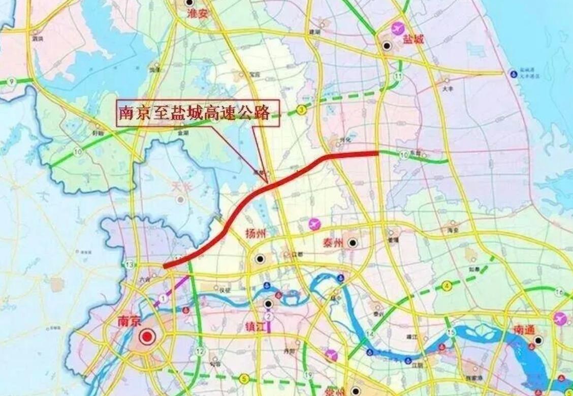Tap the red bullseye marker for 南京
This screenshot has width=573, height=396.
pyautogui.click(x=147, y=336)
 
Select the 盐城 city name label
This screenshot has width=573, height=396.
pyautogui.click(x=412, y=39)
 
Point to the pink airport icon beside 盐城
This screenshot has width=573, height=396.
pyautogui.click(x=398, y=28)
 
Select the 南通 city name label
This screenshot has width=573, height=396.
pyautogui.click(x=524, y=330)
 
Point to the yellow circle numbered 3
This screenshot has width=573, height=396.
pyautogui.click(x=302, y=109)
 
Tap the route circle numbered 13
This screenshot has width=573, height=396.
pyautogui.click(x=130, y=264)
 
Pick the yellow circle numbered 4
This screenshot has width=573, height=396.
pyautogui.click(x=447, y=286)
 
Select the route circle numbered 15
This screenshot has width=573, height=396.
pyautogui.click(x=451, y=332)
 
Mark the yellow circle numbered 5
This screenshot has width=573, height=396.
pyautogui.click(x=244, y=378)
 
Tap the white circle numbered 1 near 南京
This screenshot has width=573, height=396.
pyautogui.click(x=163, y=298)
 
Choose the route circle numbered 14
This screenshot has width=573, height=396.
pyautogui.click(x=370, y=334)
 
